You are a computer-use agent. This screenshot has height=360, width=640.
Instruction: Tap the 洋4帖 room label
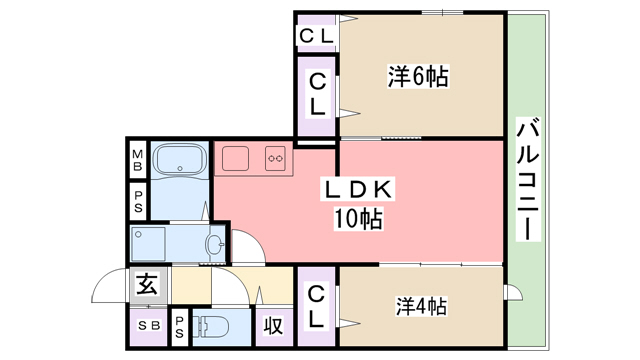pyautogui.click(x=419, y=307)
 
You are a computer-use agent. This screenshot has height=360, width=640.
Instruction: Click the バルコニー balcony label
pyautogui.click(x=529, y=180)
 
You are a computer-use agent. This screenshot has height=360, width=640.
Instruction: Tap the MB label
pyautogui.click(x=138, y=157)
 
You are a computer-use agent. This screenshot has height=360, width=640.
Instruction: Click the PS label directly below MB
pyautogui.click(x=138, y=200)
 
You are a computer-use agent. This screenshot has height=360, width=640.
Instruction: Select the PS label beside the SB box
pyautogui.click(x=179, y=326)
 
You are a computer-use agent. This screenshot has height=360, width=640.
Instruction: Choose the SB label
pyautogui.click(x=147, y=326)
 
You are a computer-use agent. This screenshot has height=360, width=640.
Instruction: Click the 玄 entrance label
pyautogui.click(x=147, y=284)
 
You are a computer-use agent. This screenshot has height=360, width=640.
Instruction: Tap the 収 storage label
pyautogui.click(x=273, y=326)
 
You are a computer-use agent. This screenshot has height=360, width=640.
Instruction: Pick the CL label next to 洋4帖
pyautogui.click(x=316, y=307)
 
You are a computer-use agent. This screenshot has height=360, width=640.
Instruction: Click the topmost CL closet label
pyautogui.click(x=318, y=36)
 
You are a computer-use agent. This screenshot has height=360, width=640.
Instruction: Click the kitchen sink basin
pyautogui.click(x=236, y=159)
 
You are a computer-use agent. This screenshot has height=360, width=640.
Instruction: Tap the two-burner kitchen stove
pyautogui.click(x=275, y=157)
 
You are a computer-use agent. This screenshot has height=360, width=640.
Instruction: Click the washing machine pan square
pyautogui.click(x=150, y=244)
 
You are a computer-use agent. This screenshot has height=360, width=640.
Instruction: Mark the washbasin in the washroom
pyautogui.click(x=213, y=243)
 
